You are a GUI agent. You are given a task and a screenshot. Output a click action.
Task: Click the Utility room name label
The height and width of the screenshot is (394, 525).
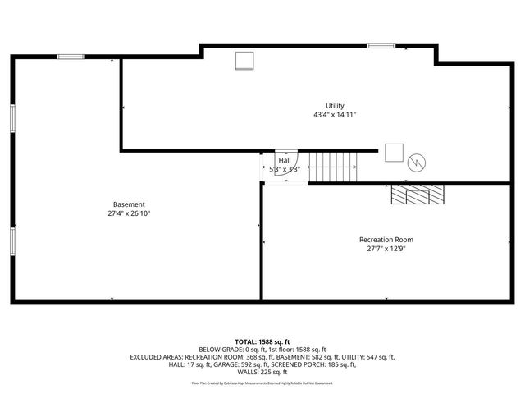coord(335,105)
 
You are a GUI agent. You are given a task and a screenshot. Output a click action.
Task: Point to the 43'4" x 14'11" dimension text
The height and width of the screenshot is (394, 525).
coord(335,115)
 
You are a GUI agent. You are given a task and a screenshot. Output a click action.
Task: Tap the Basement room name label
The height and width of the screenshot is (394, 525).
coord(129,204)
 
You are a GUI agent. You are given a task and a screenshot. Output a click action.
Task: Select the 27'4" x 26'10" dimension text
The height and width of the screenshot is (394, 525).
coord(129,213)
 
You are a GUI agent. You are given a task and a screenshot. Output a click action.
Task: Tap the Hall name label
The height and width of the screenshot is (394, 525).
coord(284,160)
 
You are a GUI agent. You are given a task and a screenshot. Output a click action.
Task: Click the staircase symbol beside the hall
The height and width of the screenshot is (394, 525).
coord(334,167)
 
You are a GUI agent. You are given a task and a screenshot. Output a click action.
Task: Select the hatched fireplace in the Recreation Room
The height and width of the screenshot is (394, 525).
coord(417,194)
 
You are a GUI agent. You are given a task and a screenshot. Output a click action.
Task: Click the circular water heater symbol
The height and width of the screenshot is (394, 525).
coord(418,161)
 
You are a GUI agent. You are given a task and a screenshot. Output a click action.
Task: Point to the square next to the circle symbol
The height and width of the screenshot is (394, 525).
coord(394,153)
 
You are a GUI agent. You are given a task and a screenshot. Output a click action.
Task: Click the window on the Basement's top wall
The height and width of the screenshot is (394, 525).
coord(71,57)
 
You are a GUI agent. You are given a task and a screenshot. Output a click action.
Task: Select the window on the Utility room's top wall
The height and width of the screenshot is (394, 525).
coord(381,45)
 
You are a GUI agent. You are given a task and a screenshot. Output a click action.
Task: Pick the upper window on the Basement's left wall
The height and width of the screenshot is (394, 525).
coord(12,117)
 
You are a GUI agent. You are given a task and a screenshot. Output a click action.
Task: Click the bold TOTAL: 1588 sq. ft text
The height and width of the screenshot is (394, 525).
coord(262,341)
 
